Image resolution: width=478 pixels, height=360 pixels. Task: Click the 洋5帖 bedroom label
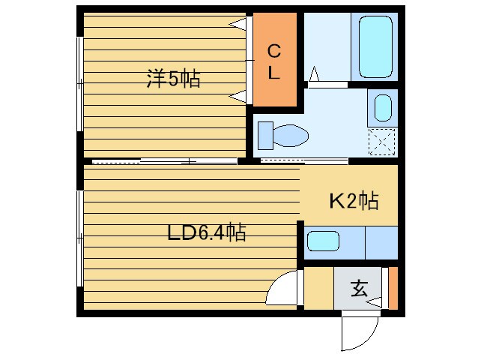click(x=173, y=79)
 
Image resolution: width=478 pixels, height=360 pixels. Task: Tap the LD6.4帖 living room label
click(x=206, y=232)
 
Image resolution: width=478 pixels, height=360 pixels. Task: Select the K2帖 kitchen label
click(x=354, y=201)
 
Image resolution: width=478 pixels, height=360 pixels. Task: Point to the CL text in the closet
click(x=274, y=61)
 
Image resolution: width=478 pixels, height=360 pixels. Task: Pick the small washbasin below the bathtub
click(x=382, y=107)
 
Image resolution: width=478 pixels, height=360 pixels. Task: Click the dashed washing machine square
click(x=382, y=140)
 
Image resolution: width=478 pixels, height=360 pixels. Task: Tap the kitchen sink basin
click(x=324, y=241)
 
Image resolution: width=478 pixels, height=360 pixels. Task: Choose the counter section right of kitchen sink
click(x=381, y=241)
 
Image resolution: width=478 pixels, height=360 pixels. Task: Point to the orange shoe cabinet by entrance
click(x=393, y=288)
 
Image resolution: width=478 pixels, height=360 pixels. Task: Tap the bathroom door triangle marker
click(x=314, y=73)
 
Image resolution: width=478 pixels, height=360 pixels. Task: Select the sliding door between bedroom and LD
click(x=165, y=160)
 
